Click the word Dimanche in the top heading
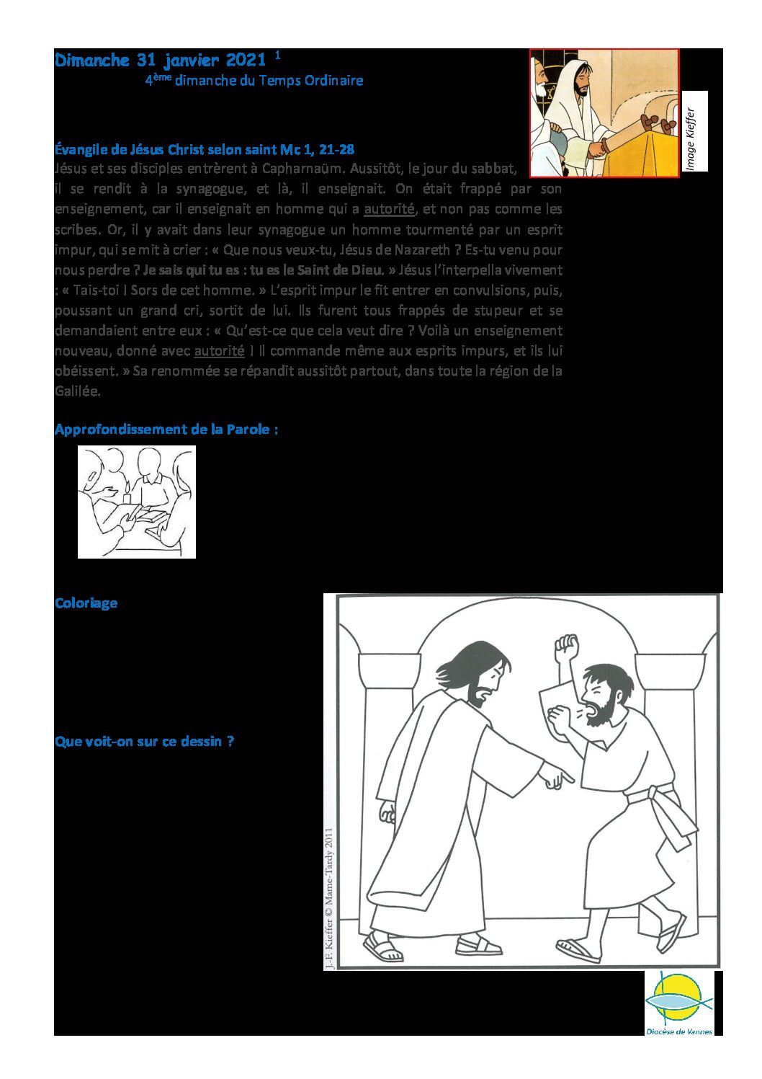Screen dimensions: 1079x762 coord(91,61)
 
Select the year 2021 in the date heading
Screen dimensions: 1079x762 coord(246,61)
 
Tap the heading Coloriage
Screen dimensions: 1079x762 coord(86,603)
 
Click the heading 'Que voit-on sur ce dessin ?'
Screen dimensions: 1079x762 coord(144,742)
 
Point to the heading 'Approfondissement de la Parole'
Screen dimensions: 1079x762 coord(166,430)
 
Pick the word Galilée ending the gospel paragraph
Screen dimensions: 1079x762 coord(78,391)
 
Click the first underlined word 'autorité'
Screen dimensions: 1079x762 coord(389,210)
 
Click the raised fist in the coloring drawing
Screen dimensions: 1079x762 coord(566,646)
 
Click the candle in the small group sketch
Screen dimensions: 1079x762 coord(127,494)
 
